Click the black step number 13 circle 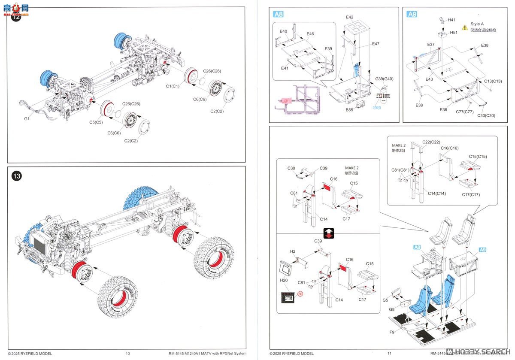click(x=17, y=175)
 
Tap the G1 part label click(x=26, y=118)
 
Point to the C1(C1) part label click(x=173, y=86)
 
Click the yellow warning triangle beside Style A click(x=465, y=27)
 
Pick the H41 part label click(x=452, y=20)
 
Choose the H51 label click(x=454, y=32)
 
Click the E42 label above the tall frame click(x=350, y=17)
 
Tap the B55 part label click(x=349, y=110)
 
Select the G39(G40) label click(x=384, y=79)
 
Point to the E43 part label click(x=430, y=79)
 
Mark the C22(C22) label click(x=431, y=142)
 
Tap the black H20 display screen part click(x=288, y=297)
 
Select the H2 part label click(x=293, y=251)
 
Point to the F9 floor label click(x=392, y=332)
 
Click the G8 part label click(x=392, y=309)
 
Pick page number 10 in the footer click(x=127, y=354)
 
